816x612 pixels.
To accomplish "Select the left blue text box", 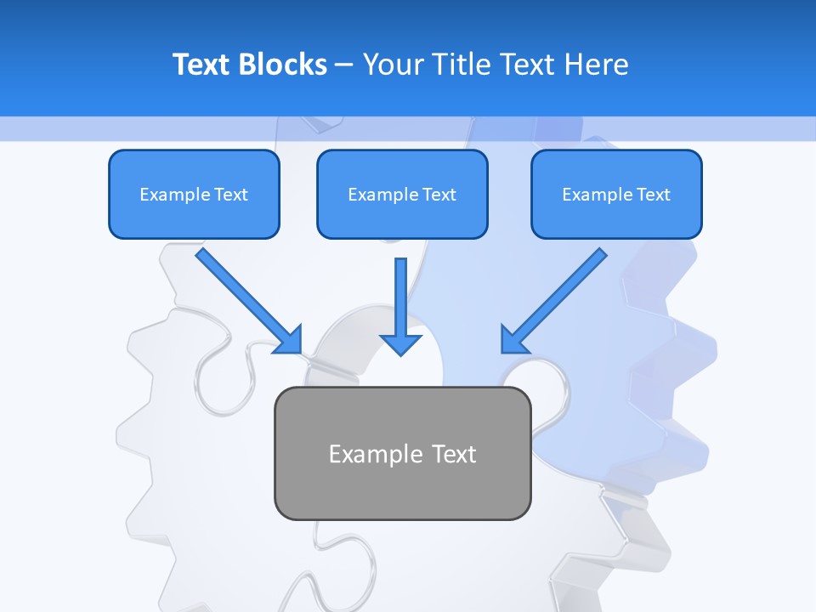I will click(x=194, y=194).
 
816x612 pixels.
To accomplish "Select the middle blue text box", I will click(x=402, y=194).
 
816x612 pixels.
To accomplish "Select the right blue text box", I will click(x=616, y=194).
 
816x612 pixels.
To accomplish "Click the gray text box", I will click(x=402, y=453).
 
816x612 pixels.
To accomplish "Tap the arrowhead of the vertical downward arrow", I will click(x=400, y=343).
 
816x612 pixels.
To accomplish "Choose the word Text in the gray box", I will click(x=454, y=454).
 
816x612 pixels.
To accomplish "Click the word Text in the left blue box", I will click(x=231, y=195).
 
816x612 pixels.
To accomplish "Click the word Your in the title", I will click(x=392, y=65).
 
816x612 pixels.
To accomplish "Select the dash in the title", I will click(x=344, y=65).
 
